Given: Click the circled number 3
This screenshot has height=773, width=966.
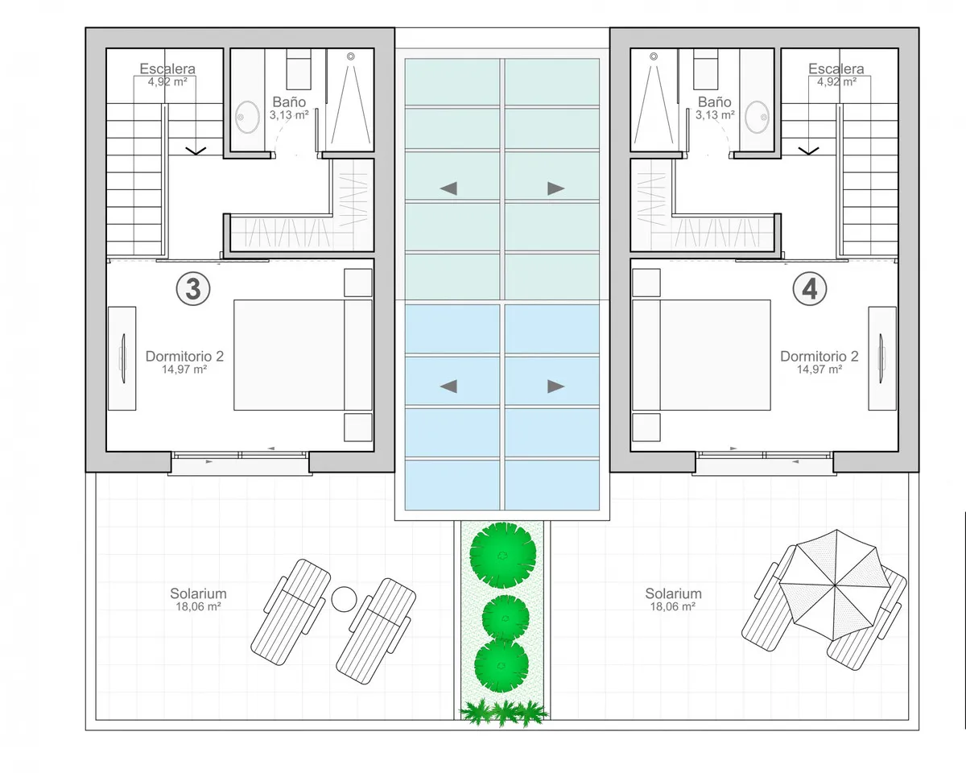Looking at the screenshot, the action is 193,289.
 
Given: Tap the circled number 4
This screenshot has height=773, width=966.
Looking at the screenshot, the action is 809,289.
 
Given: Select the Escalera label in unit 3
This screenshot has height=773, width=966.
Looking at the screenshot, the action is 167,68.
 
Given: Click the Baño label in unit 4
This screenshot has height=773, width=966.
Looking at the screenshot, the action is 715,102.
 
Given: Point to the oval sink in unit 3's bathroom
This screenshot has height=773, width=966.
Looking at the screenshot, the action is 247,117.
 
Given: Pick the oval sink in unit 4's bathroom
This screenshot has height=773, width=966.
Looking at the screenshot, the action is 757,117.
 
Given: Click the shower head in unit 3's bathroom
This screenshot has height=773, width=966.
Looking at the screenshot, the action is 351,56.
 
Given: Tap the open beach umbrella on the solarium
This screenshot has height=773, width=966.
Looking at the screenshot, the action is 835,585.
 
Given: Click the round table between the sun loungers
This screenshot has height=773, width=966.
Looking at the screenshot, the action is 345,599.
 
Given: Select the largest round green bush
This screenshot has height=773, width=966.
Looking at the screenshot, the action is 502,555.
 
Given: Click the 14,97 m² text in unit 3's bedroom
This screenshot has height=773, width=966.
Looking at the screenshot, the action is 184,370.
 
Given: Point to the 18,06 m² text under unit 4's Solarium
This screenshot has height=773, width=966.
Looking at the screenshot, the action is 673,606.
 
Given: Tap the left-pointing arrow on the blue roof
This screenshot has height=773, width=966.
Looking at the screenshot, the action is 448,386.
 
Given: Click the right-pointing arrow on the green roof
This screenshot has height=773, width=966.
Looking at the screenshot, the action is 556,188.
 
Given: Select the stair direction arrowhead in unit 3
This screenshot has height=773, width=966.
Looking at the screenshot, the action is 196,151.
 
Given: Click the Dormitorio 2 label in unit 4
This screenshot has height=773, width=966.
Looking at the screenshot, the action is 819,356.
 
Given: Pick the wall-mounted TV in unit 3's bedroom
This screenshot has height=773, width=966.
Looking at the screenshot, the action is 122,358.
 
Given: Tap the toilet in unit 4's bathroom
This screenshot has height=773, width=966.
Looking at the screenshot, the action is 705,69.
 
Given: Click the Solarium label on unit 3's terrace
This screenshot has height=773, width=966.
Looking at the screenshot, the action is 198,593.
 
